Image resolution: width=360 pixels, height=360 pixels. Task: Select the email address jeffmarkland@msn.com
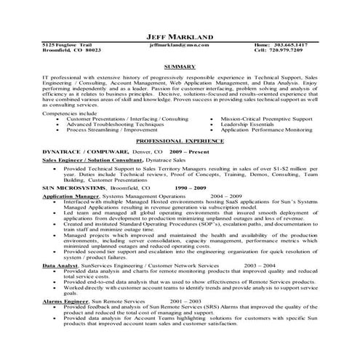click(179, 45)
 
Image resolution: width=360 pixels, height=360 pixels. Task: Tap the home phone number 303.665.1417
click(309, 45)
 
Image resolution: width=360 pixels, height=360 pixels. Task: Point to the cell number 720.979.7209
click(309, 51)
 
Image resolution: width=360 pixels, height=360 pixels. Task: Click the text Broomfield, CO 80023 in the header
click(71, 51)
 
